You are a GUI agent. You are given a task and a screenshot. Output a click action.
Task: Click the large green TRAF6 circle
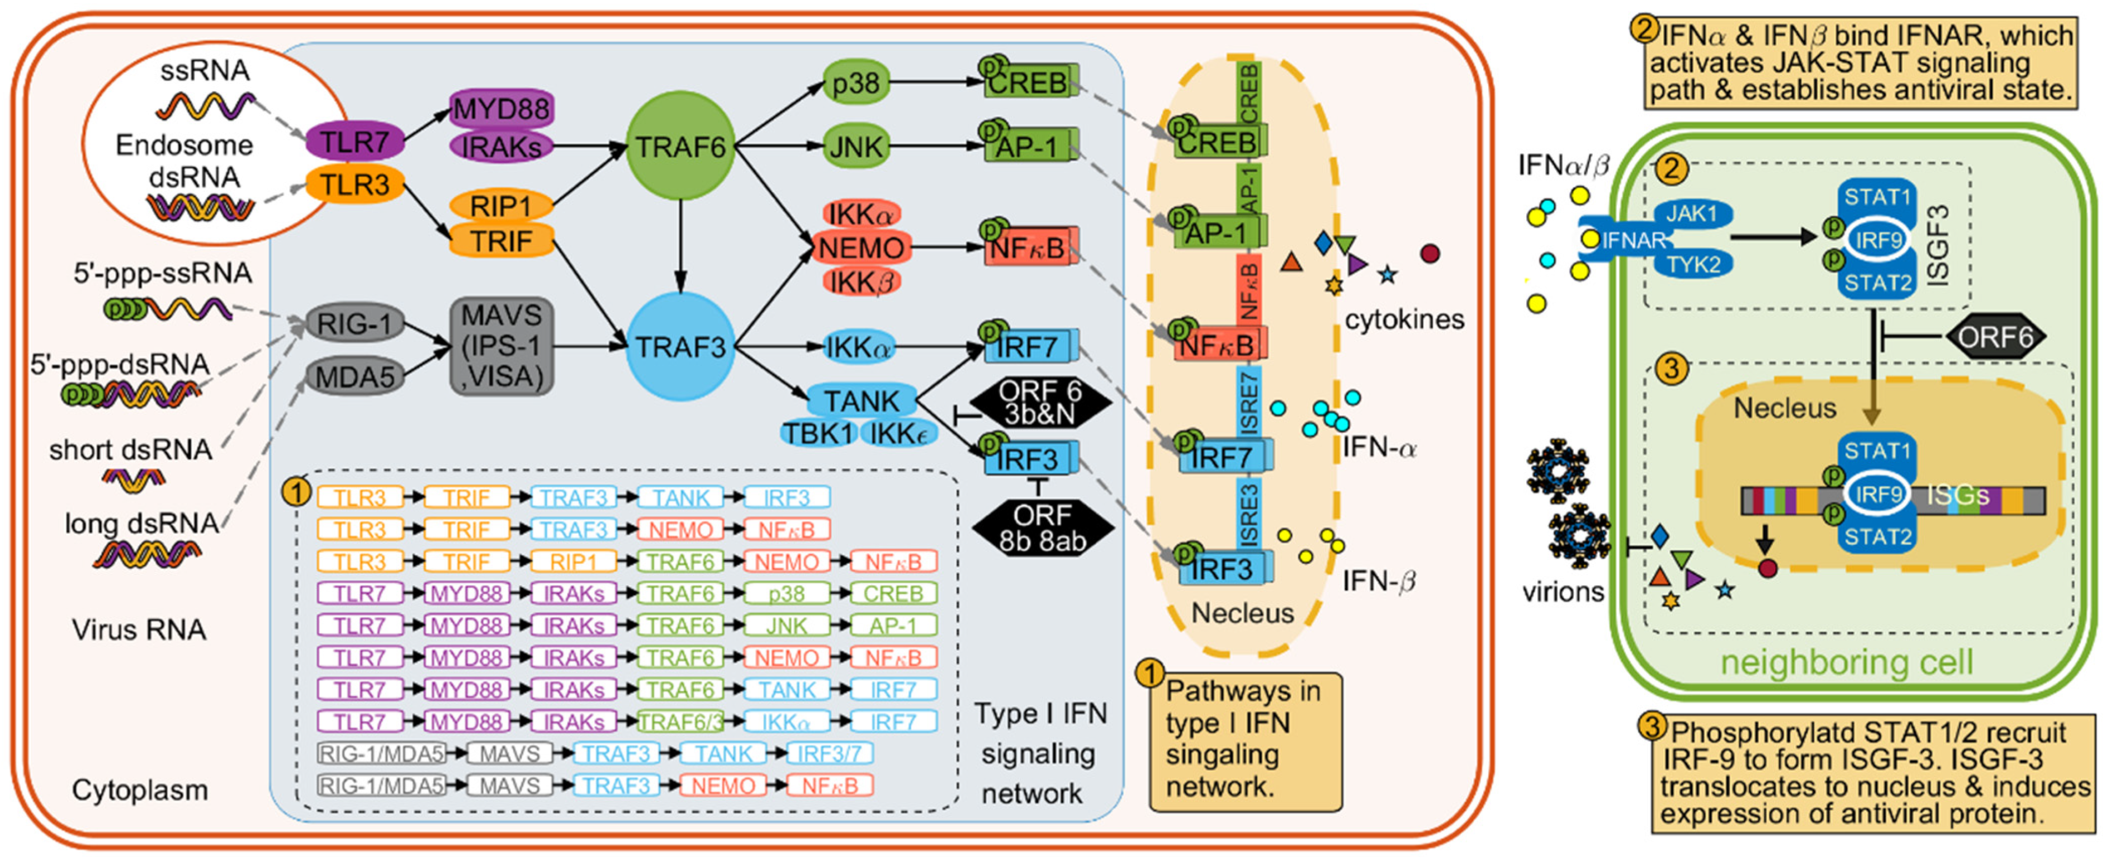click(680, 147)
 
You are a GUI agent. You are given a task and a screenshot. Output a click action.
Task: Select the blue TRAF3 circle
click(680, 347)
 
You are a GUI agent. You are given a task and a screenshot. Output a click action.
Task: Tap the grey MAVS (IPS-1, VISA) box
click(501, 346)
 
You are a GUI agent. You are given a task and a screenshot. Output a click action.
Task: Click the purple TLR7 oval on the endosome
click(355, 142)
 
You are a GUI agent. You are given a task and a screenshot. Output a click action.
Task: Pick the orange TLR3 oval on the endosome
click(355, 184)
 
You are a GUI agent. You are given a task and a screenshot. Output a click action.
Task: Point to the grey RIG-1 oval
click(355, 324)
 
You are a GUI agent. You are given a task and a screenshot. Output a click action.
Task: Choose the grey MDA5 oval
click(355, 377)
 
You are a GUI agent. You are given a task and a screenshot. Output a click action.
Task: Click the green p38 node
click(855, 82)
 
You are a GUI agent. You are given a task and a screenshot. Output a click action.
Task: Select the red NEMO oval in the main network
click(860, 247)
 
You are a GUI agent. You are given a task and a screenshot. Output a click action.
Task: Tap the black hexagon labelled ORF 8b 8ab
click(1042, 528)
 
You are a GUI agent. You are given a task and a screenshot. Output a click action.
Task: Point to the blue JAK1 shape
click(1692, 214)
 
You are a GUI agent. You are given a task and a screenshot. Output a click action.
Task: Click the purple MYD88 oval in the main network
click(501, 108)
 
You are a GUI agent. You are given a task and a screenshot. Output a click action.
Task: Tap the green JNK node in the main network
click(855, 147)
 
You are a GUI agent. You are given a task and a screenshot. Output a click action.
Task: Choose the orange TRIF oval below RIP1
click(501, 241)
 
